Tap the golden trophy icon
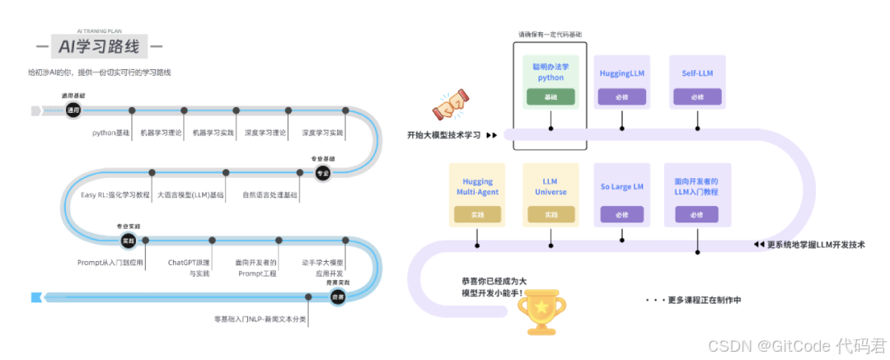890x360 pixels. [541, 310]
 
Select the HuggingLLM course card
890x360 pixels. [622, 82]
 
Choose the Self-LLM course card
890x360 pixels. [697, 82]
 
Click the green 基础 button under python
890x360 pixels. [550, 97]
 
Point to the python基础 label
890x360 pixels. [111, 132]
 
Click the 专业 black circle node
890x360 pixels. [323, 172]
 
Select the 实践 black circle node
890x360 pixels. [128, 240]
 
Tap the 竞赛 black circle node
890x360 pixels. [337, 297]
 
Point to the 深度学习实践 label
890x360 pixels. [323, 132]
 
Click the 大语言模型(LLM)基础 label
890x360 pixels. [190, 195]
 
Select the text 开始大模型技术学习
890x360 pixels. [443, 134]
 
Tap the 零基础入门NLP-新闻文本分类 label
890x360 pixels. [259, 318]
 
